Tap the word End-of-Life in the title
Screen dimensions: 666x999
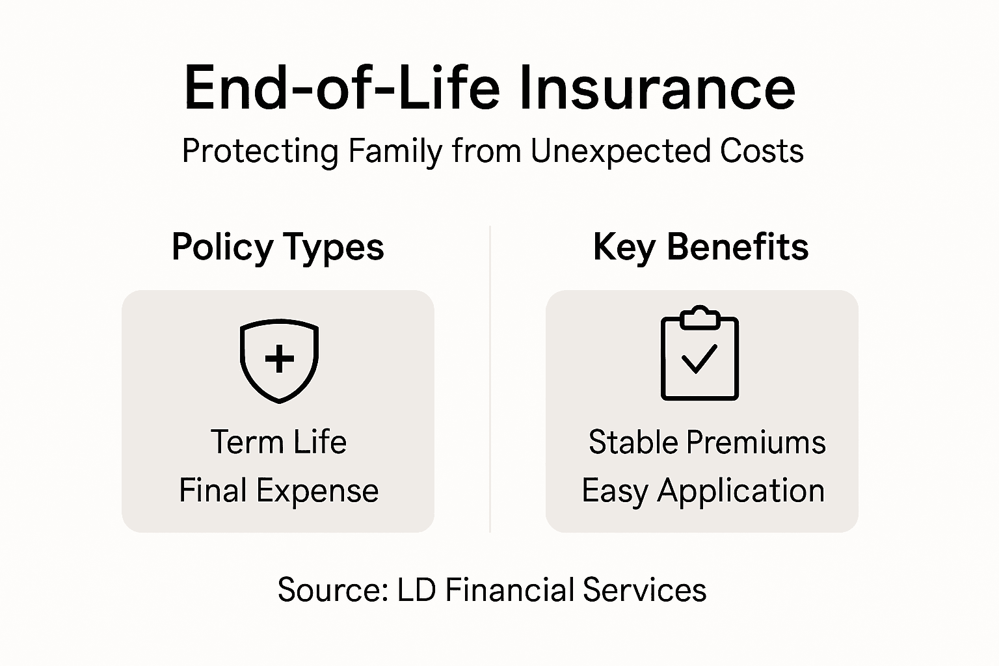[x=342, y=88]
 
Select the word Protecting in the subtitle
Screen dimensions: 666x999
[x=260, y=152]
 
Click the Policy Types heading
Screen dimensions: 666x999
[x=278, y=247]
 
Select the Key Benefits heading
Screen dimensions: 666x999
[x=700, y=247]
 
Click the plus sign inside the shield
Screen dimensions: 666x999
[x=279, y=358]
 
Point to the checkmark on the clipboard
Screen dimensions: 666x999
[x=699, y=358]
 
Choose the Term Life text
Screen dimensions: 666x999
[x=278, y=442]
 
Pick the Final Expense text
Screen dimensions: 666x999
[x=278, y=490]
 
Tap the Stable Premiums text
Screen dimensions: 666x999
[x=707, y=442]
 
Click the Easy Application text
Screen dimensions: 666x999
[x=703, y=490]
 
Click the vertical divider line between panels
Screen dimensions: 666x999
[x=490, y=390]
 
